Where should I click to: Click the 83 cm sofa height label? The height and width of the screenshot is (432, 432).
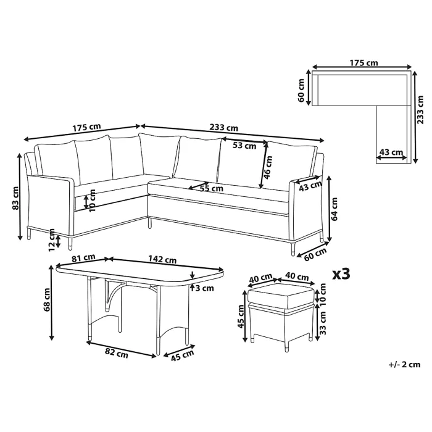coord(17,197)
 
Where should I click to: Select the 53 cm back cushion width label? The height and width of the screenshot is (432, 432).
coord(245,146)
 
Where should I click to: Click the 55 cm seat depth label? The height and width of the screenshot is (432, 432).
coord(211,188)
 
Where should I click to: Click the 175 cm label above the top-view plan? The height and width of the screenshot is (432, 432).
coord(363,63)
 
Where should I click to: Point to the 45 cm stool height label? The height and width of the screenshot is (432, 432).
coord(242,319)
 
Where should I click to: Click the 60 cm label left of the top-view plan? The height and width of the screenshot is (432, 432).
coord(301,89)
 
